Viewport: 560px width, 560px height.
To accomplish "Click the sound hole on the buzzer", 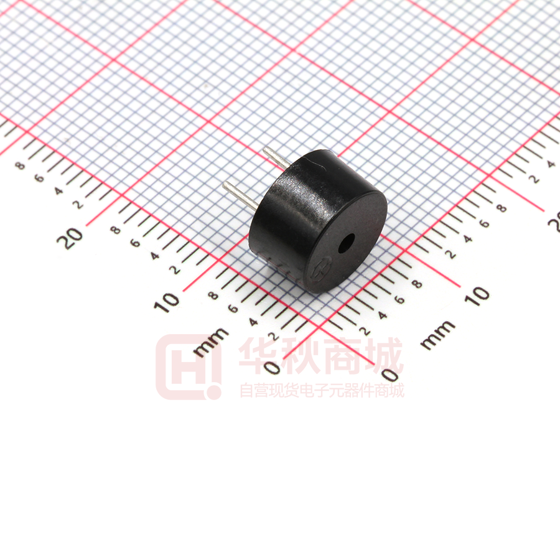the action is (x=346, y=243).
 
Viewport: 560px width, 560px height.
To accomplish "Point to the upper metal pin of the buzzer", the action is (x=277, y=157).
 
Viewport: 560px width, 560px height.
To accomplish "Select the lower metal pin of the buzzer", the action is (x=241, y=195).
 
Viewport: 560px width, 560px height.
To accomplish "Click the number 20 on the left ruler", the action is (x=70, y=238).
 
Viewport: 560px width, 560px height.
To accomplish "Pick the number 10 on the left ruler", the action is (x=167, y=302).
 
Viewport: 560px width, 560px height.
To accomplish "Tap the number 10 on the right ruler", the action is (x=477, y=296).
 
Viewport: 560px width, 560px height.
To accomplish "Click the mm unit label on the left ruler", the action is (x=210, y=342).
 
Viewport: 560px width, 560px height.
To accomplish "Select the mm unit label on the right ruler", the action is (x=437, y=335).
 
